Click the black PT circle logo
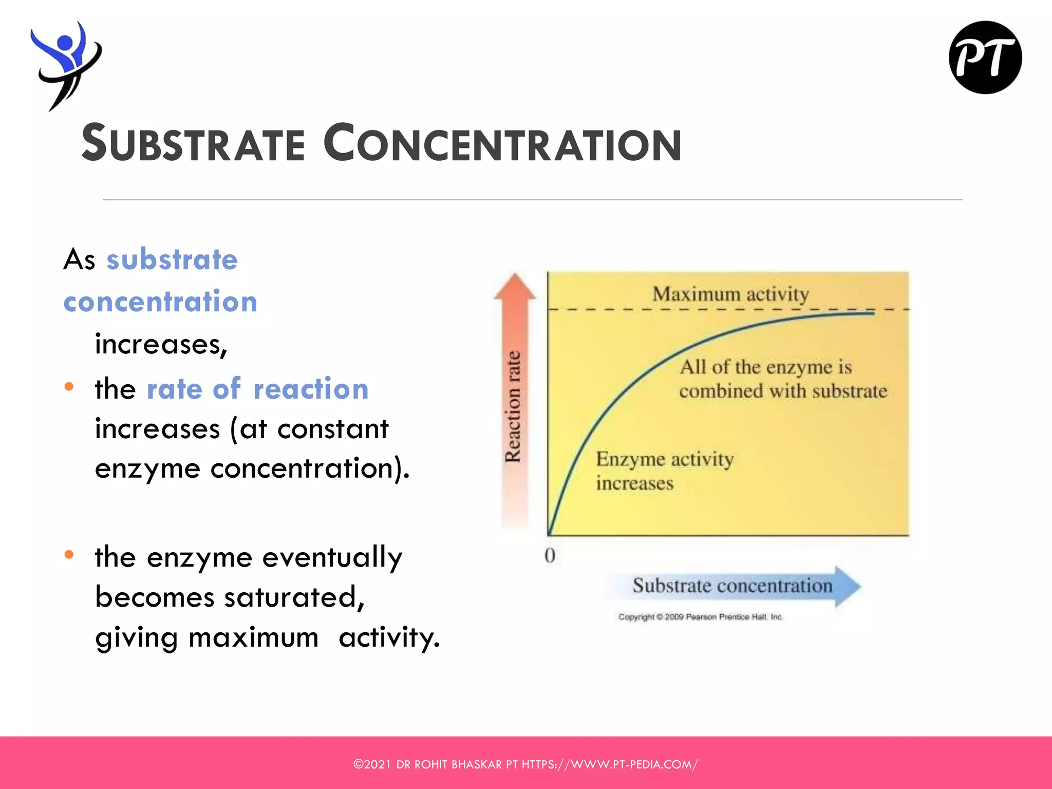pos(985,58)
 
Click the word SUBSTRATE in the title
pos(194,144)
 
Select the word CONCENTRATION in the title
pos(502,144)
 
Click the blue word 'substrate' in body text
pos(172,259)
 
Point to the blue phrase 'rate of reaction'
pos(257,389)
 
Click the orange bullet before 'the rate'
pos(69,387)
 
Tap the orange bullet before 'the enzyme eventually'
pos(69,555)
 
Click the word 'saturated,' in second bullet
pos(294,597)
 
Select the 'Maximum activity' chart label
pos(730,294)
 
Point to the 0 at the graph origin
pos(550,556)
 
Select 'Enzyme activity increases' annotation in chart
pos(664,471)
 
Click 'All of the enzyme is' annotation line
pos(765,367)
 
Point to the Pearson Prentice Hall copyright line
pos(700,617)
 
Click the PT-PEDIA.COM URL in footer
pos(609,764)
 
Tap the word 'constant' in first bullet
pos(333,429)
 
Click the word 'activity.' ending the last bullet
pos(389,637)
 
